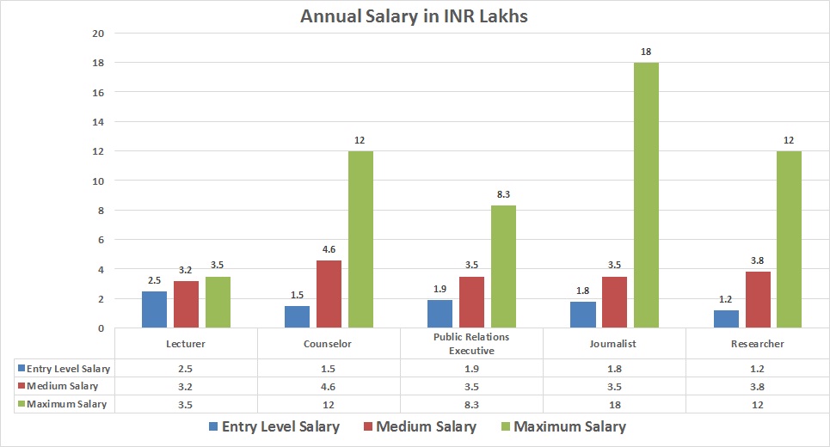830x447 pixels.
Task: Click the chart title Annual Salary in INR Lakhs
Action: pos(414,15)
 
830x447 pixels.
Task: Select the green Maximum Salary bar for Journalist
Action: pos(645,195)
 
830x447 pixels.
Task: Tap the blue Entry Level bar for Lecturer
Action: pos(155,309)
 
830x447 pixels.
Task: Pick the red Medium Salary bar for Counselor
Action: pos(329,294)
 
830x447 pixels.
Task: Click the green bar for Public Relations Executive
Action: pos(503,266)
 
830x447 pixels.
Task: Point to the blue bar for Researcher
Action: pos(727,319)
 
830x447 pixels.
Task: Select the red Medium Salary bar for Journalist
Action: pos(614,303)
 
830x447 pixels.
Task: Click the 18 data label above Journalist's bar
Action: pos(645,53)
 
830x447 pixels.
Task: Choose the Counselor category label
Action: pos(329,344)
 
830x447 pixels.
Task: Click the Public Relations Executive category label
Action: pos(470,345)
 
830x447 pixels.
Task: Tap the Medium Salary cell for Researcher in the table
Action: pos(757,386)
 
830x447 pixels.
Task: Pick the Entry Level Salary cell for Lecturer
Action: pos(186,369)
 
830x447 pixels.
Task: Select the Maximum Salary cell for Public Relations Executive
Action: pos(471,404)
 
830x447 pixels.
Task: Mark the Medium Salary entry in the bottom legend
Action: pos(417,426)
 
